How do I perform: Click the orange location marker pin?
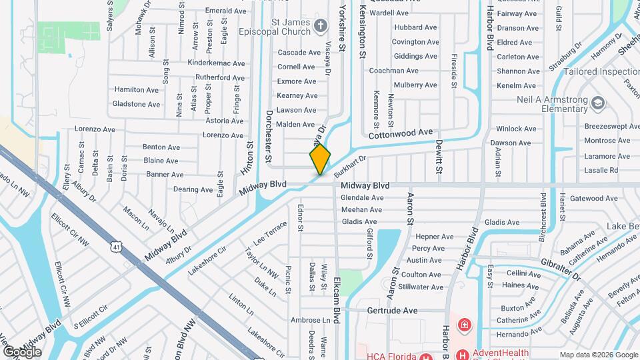[x=320, y=159]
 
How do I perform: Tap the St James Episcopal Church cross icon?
[x=321, y=26]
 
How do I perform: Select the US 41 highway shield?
[x=117, y=247]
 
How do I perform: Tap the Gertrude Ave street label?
[x=392, y=311]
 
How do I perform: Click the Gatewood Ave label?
[x=593, y=198]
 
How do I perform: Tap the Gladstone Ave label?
[x=136, y=104]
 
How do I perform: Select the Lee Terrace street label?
[x=269, y=233]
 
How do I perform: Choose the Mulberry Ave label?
[x=415, y=85]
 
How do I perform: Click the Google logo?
[x=22, y=351]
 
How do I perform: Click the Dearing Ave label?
[x=175, y=189]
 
